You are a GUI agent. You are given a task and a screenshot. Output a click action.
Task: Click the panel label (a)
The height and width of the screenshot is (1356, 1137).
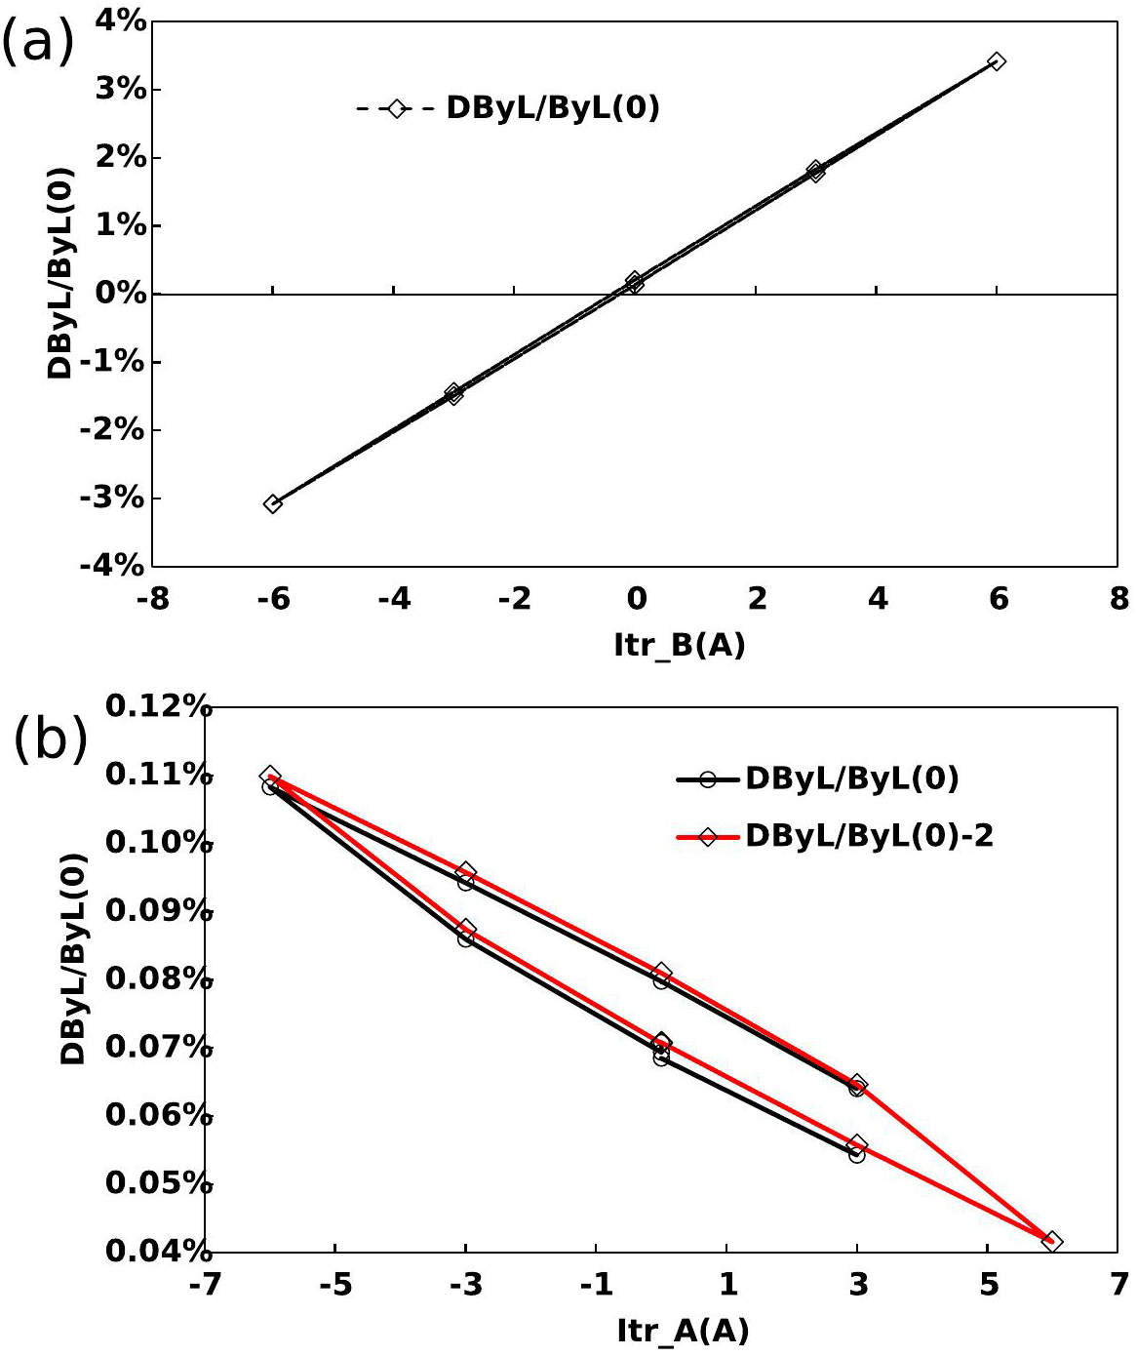37,43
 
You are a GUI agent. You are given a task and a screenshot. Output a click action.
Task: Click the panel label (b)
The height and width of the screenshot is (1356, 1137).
51,739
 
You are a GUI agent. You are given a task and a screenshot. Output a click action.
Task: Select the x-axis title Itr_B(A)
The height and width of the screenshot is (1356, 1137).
680,644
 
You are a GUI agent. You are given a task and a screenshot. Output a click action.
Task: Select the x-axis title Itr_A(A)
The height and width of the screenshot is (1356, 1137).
683,1330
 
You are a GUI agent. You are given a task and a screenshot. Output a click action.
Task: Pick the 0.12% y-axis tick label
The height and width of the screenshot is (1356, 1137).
159,706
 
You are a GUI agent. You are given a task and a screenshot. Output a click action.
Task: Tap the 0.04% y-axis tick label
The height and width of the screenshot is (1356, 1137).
159,1251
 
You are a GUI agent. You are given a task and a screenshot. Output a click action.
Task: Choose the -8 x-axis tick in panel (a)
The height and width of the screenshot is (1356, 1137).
152,598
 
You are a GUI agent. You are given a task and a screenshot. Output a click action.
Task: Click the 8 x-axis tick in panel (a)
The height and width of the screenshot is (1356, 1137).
1118,598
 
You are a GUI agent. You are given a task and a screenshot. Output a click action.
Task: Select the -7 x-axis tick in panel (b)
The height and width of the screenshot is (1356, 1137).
205,1284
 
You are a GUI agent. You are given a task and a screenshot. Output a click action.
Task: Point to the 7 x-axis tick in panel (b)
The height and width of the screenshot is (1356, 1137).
1118,1284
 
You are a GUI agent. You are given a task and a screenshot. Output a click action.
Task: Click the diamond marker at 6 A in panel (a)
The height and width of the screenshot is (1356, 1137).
996,61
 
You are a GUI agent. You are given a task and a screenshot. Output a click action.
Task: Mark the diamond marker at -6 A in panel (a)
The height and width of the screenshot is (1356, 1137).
273,503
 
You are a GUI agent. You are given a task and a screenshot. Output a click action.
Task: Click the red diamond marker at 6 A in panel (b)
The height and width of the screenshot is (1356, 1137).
1051,1241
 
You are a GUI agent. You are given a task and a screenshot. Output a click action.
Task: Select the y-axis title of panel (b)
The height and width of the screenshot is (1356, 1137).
74,958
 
